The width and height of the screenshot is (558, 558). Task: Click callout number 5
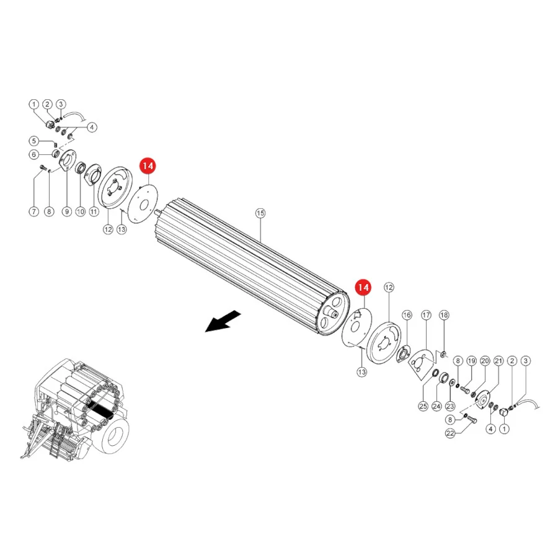click(34, 141)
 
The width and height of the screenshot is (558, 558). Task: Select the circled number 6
click(34, 154)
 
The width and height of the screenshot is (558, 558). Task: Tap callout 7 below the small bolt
click(34, 212)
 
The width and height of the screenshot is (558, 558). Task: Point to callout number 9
click(67, 212)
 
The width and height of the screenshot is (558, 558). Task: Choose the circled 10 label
click(81, 212)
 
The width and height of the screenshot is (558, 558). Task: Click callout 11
click(94, 212)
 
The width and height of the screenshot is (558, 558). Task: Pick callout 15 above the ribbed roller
click(260, 213)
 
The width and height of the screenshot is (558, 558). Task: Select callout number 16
click(407, 315)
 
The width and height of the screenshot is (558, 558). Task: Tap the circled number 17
click(426, 315)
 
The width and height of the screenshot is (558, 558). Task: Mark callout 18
click(444, 315)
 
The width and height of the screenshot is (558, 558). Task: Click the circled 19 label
click(472, 361)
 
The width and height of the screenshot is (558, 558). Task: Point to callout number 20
click(485, 361)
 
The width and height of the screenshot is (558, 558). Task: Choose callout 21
click(498, 361)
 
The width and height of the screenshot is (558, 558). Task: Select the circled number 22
click(450, 433)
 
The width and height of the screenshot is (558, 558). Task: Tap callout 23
click(450, 406)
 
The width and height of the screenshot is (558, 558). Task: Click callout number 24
click(436, 406)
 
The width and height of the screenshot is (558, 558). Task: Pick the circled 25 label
click(423, 406)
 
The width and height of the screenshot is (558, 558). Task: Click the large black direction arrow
click(223, 321)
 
